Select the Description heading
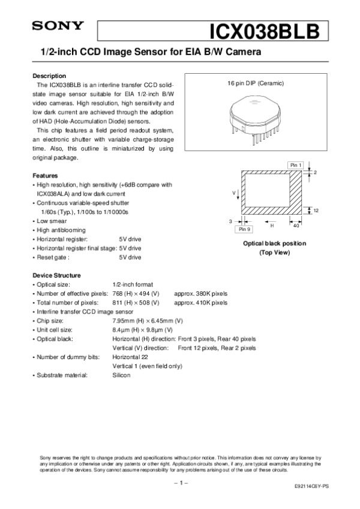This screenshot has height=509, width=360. point(49,76)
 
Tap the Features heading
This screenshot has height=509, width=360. point(45,176)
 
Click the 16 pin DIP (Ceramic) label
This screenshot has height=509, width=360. point(255,83)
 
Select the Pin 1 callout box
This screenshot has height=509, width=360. point(296,164)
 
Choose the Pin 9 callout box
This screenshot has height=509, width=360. point(244,229)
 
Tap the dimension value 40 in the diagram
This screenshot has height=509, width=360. point(296,226)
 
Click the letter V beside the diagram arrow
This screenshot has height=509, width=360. point(234,193)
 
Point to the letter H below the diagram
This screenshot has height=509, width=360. point(271,226)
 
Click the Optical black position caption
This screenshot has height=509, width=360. point(274,243)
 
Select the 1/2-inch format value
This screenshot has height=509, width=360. point(133,284)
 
